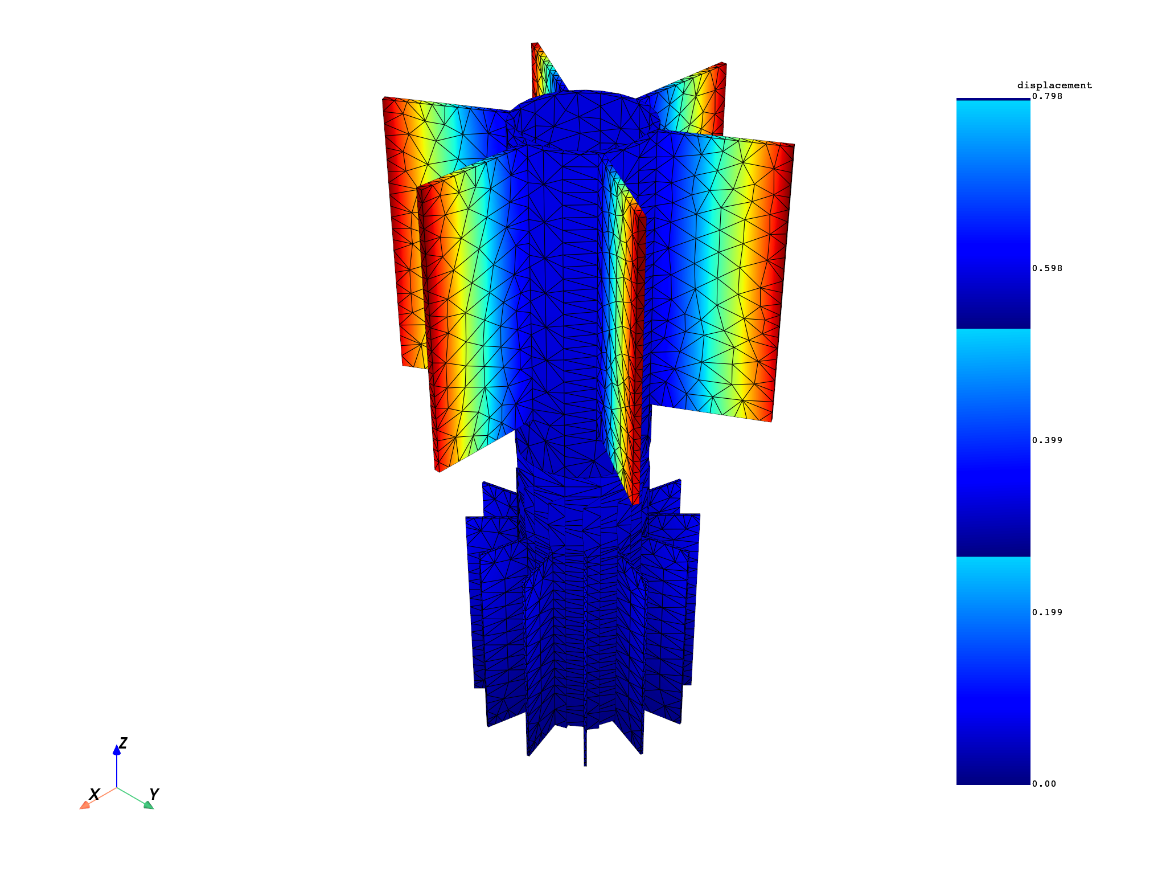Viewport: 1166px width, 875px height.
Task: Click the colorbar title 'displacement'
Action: tap(1054, 85)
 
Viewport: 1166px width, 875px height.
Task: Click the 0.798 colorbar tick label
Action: tap(1047, 96)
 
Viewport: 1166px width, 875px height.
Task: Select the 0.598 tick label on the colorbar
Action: tap(1047, 268)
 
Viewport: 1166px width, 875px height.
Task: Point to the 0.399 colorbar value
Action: tap(1047, 440)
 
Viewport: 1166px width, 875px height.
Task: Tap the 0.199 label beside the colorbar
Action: tap(1047, 612)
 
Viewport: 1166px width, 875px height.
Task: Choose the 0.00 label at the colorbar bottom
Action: tap(1044, 784)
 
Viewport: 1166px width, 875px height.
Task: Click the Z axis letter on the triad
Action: tap(123, 743)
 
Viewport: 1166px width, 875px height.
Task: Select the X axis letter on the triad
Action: tap(95, 794)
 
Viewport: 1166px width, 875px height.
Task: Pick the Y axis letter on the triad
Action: tap(154, 794)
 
